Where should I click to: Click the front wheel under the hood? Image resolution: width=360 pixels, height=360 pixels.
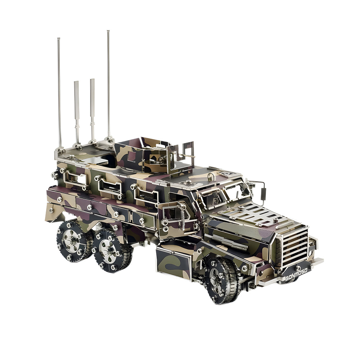tap(222, 280)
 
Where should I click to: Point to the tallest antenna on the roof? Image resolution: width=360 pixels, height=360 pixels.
tap(108, 83)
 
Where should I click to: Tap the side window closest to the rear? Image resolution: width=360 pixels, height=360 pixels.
tap(76, 178)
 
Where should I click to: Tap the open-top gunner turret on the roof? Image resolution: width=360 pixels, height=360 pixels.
tap(155, 155)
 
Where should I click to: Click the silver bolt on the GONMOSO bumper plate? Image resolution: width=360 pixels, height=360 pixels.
tap(298, 267)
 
